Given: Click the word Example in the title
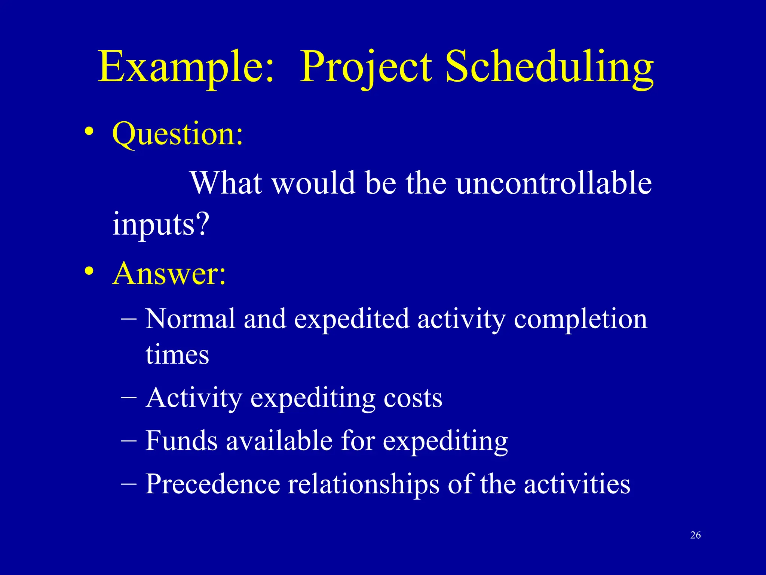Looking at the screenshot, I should coord(186,67).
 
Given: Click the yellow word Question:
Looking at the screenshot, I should coord(178,134).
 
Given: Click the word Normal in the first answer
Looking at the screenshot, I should coord(190,319).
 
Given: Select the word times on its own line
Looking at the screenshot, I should coord(177,355).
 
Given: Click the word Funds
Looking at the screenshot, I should coord(181,441).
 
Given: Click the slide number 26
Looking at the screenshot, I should coord(695,535).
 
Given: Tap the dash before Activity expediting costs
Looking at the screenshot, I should coord(129,398).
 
